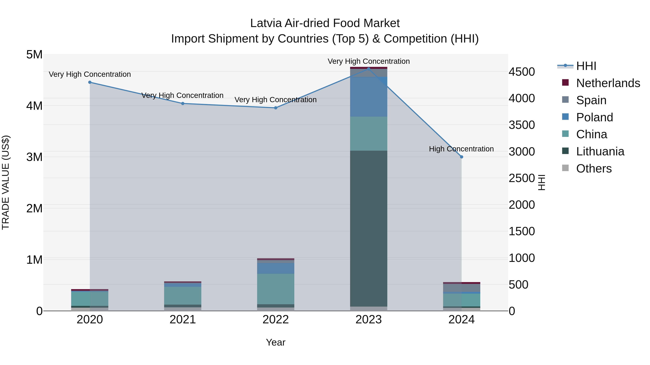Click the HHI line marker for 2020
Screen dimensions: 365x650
pos(90,82)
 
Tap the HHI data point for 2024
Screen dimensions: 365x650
pos(461,157)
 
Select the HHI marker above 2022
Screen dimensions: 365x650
pos(276,108)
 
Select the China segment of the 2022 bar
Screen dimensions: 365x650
pos(276,289)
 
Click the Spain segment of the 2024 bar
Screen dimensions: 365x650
pos(461,288)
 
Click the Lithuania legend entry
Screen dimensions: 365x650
pos(600,151)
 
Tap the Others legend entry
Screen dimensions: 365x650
pos(594,169)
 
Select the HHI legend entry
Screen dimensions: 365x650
pos(586,66)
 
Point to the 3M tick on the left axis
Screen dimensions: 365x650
pos(34,157)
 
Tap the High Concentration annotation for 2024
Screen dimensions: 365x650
pos(461,149)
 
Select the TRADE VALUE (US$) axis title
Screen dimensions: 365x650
pos(6,182)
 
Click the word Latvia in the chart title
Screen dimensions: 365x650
pos(266,23)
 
